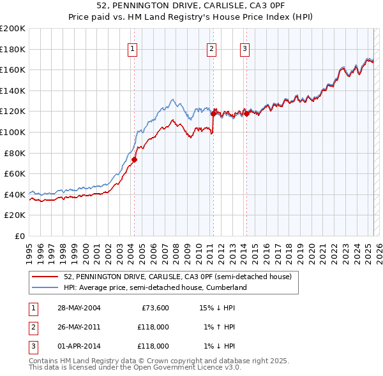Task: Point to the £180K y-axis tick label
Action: (13, 49)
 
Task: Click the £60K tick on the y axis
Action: (15, 173)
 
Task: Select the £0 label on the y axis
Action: (20, 236)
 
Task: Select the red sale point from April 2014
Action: (246, 113)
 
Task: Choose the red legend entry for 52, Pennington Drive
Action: (177, 277)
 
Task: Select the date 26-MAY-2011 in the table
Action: (79, 327)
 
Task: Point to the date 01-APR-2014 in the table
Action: (79, 346)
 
